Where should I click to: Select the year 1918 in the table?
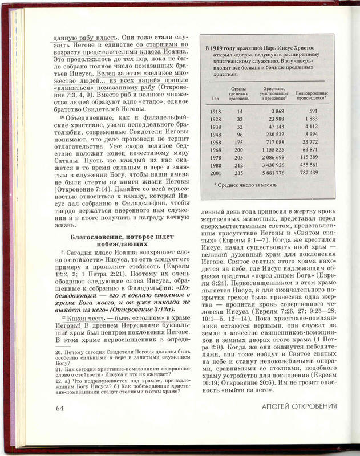click(216, 111)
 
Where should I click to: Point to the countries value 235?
click(240, 172)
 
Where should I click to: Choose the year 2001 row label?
click(216, 172)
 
